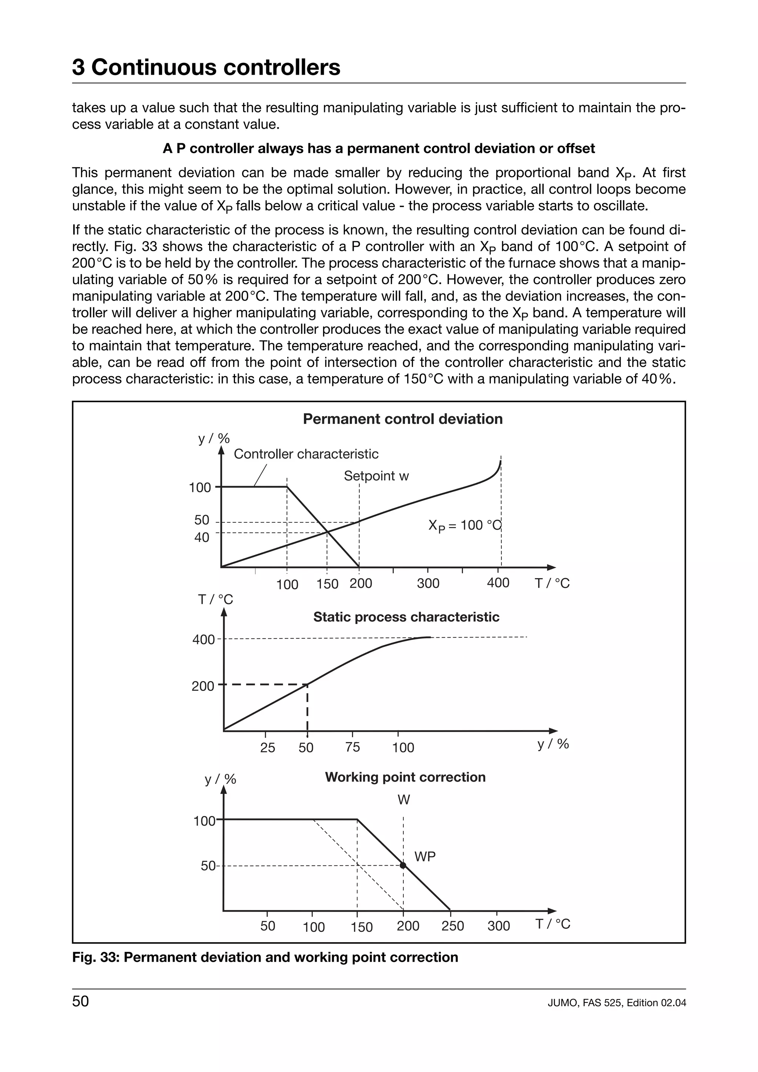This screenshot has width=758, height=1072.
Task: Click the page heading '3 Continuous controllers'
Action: pyautogui.click(x=206, y=67)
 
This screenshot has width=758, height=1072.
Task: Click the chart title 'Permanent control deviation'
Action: pyautogui.click(x=403, y=419)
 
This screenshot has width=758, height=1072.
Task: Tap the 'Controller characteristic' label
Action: pyautogui.click(x=306, y=454)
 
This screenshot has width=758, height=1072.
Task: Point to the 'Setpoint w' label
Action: pyautogui.click(x=376, y=476)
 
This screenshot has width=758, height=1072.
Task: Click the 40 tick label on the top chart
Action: pyautogui.click(x=202, y=537)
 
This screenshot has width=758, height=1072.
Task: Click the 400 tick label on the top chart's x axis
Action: pyautogui.click(x=498, y=583)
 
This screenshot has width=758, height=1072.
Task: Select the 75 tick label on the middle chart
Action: pyautogui.click(x=353, y=747)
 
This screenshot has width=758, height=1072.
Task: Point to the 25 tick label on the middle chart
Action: pyautogui.click(x=268, y=748)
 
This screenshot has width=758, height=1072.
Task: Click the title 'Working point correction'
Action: pyautogui.click(x=405, y=777)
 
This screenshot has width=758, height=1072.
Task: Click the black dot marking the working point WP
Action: pyautogui.click(x=403, y=865)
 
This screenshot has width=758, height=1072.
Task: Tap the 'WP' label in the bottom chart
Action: pyautogui.click(x=425, y=857)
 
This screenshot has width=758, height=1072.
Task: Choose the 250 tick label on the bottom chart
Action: pyautogui.click(x=453, y=926)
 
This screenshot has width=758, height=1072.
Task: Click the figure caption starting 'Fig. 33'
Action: pyautogui.click(x=265, y=957)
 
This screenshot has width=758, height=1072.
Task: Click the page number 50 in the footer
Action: pyautogui.click(x=80, y=1001)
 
